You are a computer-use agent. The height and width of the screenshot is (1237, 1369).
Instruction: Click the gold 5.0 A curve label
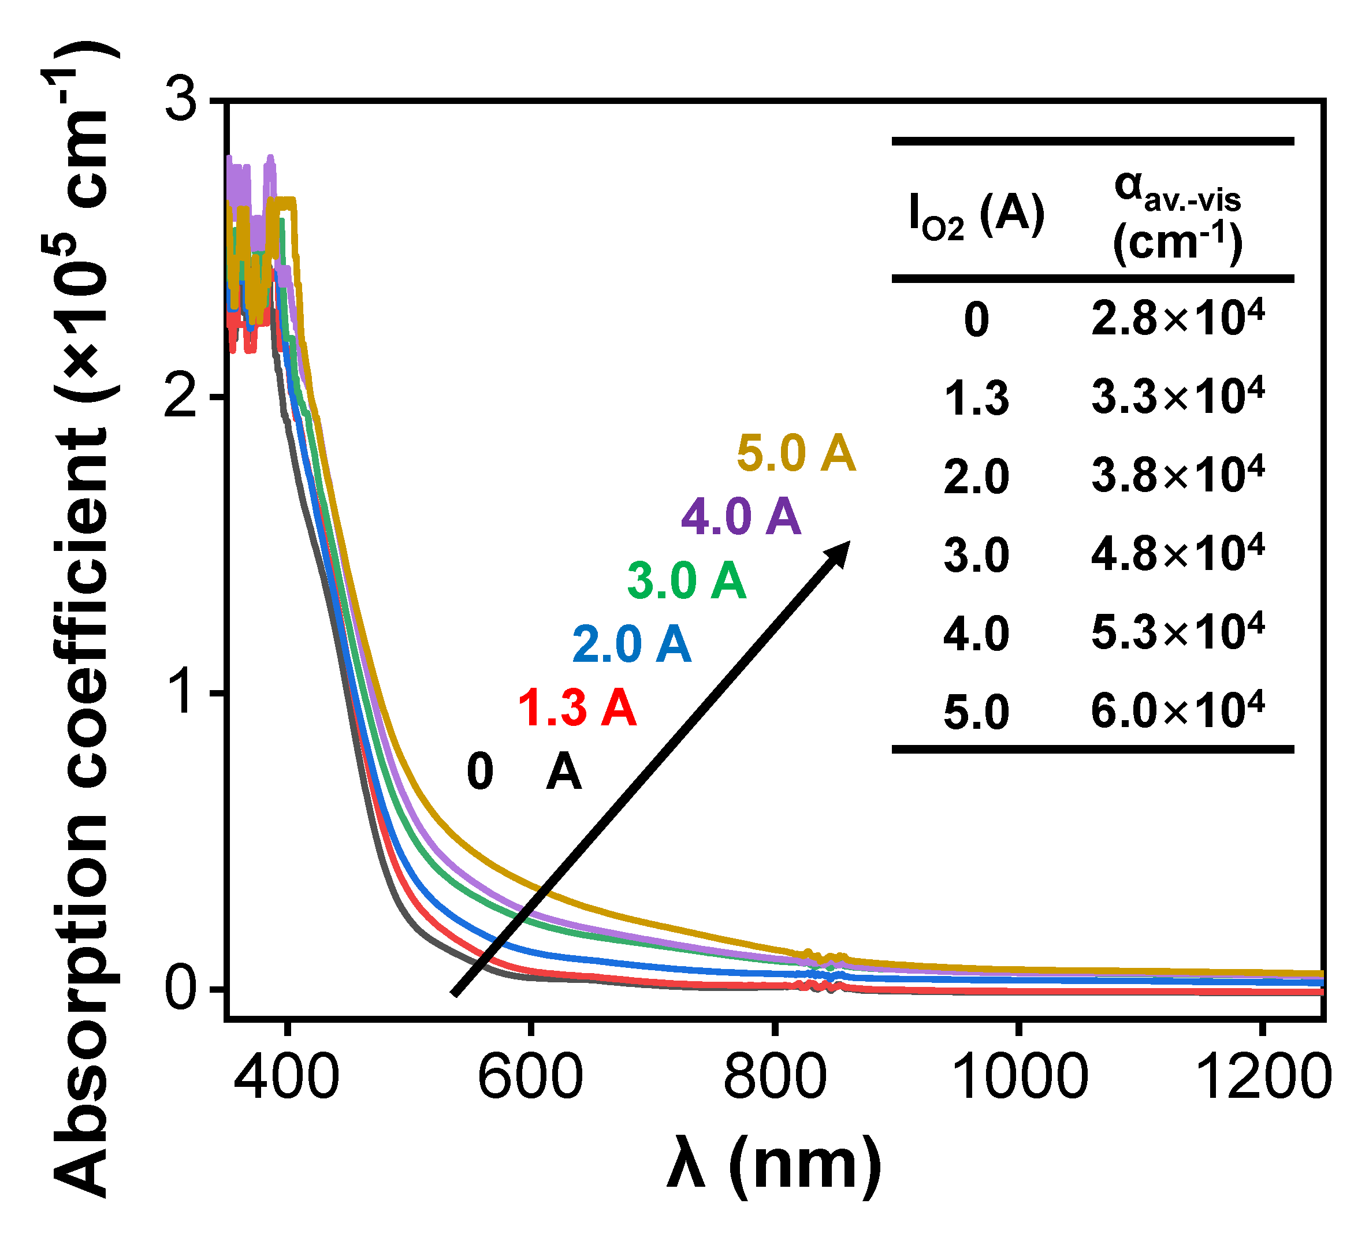point(796,453)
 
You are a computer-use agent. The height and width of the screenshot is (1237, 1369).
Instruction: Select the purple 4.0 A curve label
point(741,517)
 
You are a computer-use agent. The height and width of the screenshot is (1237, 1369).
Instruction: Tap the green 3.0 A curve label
point(686,581)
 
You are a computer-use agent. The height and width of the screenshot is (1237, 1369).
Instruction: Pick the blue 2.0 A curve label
point(631,644)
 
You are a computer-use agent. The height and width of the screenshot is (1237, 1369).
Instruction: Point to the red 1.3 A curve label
point(577,708)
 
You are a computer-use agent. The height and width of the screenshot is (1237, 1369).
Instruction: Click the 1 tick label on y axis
point(182,693)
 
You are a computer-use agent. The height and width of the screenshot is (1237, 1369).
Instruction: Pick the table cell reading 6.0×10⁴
point(1177,711)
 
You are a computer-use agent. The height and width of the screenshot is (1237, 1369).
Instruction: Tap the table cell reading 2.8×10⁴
point(1177,318)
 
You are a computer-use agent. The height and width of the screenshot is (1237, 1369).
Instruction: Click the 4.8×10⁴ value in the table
point(1177,553)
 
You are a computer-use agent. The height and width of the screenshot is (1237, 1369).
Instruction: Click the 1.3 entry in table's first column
point(977,398)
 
